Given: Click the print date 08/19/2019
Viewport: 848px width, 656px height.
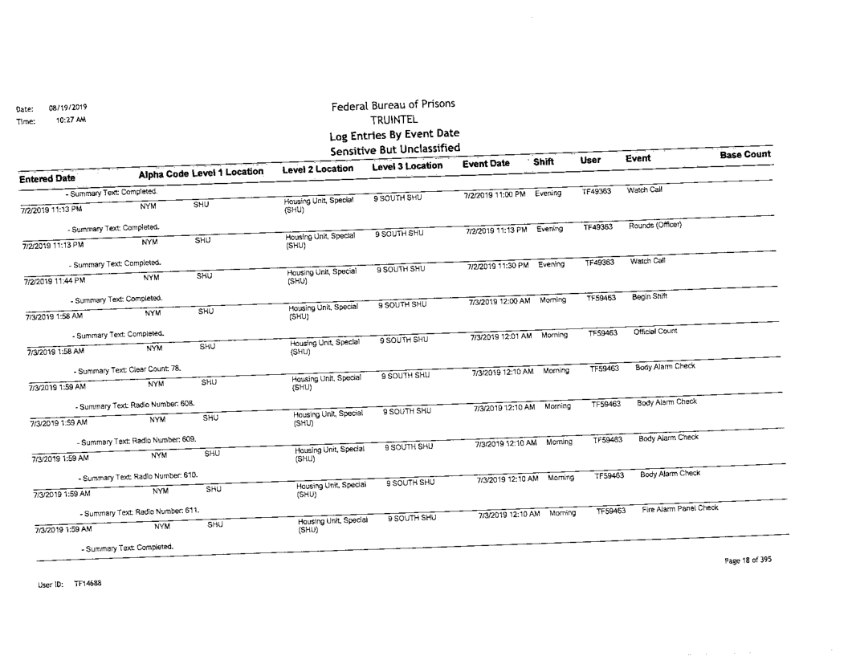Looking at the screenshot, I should pyautogui.click(x=68, y=107).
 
